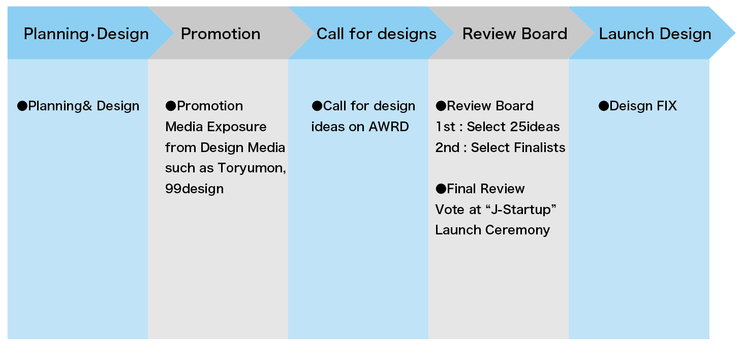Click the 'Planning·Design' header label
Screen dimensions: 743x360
click(86, 34)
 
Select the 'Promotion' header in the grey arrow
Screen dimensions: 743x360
click(221, 34)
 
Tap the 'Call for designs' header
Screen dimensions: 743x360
click(377, 34)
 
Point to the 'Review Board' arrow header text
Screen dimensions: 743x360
click(515, 34)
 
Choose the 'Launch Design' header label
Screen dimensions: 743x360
click(655, 34)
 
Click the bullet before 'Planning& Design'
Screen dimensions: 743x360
click(22, 106)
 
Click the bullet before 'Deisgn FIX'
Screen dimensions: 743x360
click(604, 106)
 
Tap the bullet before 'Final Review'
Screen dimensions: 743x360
click(441, 189)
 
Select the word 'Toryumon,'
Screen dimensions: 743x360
click(252, 168)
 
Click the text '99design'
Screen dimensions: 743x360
click(194, 189)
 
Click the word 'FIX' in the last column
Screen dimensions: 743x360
click(666, 106)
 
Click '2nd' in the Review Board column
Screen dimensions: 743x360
click(447, 147)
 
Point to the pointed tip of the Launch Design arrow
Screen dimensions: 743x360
click(735, 33)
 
